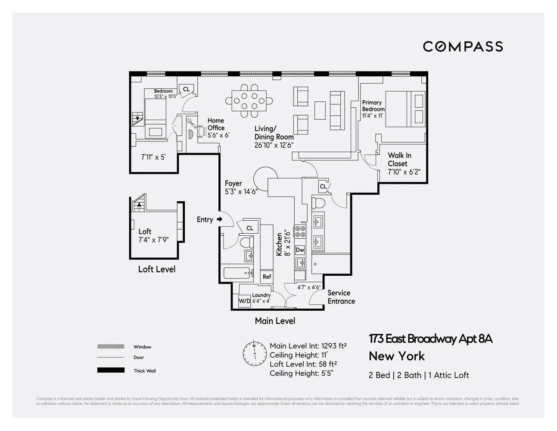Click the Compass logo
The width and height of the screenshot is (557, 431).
[x=463, y=47]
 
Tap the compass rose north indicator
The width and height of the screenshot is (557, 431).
[x=254, y=353]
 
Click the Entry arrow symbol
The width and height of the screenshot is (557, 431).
[x=220, y=219]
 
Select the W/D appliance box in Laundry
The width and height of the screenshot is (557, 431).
[x=244, y=301]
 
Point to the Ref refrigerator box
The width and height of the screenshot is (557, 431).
[x=267, y=277]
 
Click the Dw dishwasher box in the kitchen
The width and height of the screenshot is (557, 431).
[x=300, y=250]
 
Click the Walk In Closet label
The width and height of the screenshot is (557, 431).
[x=399, y=159]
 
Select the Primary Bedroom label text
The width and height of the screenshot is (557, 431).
[x=373, y=106]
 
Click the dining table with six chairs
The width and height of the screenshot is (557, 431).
[x=249, y=101]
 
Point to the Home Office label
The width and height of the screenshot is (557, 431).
[x=216, y=124]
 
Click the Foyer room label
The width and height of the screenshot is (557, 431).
[x=233, y=184]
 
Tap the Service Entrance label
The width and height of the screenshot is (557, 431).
[x=341, y=297]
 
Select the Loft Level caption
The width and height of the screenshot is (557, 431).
[x=156, y=269]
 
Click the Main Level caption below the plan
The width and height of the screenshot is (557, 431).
[x=275, y=321]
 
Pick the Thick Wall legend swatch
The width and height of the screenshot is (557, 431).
[x=111, y=370]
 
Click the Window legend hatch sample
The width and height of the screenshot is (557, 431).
[x=111, y=347]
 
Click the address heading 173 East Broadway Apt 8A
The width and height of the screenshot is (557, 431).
[x=430, y=339]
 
